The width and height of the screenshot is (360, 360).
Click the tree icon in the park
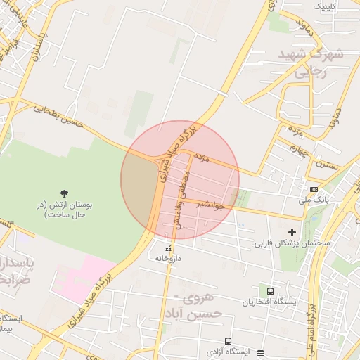(x=65, y=193)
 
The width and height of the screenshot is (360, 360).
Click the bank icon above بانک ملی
(x=313, y=189)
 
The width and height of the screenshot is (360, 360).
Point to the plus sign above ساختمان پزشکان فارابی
(x=292, y=232)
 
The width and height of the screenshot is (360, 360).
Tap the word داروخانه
(x=169, y=258)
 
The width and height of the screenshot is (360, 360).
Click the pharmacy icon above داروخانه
(x=168, y=249)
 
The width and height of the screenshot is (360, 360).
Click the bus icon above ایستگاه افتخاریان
(x=271, y=291)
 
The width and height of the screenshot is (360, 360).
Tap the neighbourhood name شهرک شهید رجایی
(x=309, y=62)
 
